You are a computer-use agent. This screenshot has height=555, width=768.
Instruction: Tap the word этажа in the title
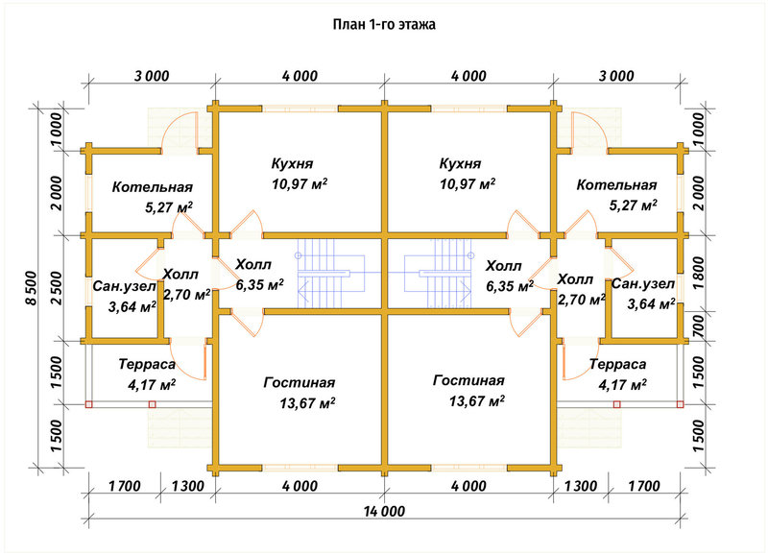(x=416, y=25)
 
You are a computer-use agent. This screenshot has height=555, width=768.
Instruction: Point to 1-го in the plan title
(x=380, y=25)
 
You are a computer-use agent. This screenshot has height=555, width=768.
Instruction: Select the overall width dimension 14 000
(x=385, y=512)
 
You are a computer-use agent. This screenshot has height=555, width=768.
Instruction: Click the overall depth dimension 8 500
(x=31, y=288)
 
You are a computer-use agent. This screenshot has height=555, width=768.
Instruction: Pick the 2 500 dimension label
(x=57, y=288)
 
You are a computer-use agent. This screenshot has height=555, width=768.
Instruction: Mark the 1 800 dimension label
(x=699, y=273)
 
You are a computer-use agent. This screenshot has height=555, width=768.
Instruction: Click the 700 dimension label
(x=699, y=326)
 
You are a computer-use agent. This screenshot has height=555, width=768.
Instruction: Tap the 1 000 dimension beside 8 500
(x=57, y=130)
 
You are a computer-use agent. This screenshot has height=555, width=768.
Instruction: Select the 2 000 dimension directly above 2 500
(x=57, y=194)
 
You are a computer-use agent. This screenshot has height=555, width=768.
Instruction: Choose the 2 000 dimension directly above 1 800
(x=699, y=193)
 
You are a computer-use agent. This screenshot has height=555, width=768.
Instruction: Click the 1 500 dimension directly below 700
(x=699, y=373)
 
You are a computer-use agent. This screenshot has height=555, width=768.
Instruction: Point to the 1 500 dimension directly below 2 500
(x=57, y=373)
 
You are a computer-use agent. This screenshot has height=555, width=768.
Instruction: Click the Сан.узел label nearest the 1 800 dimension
(x=643, y=284)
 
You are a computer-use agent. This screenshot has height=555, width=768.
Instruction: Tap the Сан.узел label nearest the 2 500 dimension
(x=125, y=286)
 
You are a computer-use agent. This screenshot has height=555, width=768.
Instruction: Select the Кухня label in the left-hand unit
(x=293, y=163)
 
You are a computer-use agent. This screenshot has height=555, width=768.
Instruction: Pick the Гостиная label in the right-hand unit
(x=468, y=380)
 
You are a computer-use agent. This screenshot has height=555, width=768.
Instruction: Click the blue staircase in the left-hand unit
(x=331, y=274)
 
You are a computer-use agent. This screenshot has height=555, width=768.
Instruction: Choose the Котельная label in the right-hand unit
(x=616, y=185)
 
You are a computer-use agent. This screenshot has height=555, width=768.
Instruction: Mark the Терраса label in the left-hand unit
(x=147, y=365)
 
